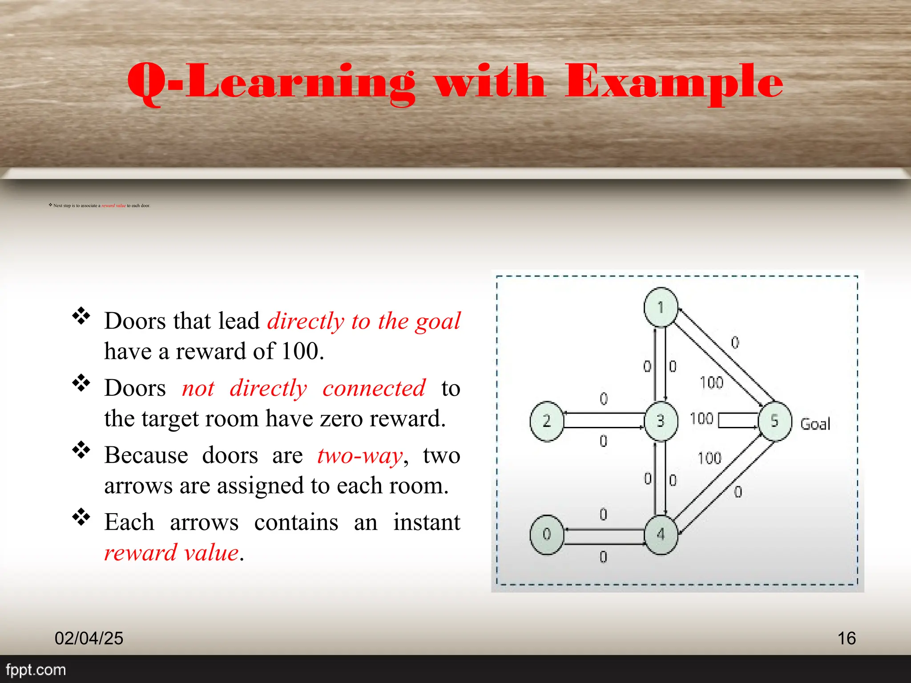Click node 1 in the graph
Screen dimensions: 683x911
point(661,307)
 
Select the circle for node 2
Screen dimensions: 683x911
point(547,421)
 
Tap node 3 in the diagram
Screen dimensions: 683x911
point(661,421)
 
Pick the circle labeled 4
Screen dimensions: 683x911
point(661,534)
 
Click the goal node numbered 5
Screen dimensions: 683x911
point(775,421)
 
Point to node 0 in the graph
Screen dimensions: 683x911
point(547,534)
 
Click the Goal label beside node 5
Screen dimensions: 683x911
point(815,424)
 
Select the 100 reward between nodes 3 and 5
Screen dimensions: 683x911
point(701,418)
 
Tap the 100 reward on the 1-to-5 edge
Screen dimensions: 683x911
point(711,382)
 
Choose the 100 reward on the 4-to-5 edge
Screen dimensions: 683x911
point(709,458)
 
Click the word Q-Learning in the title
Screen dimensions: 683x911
point(271,82)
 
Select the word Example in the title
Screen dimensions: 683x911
point(674,82)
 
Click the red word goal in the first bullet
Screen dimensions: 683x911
point(438,321)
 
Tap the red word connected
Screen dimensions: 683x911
point(374,388)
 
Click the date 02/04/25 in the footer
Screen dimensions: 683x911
point(89,638)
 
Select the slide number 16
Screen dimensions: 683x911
point(847,638)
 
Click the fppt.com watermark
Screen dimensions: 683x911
point(36,670)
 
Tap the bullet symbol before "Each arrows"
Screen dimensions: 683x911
point(81,517)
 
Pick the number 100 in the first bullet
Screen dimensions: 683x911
point(300,351)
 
